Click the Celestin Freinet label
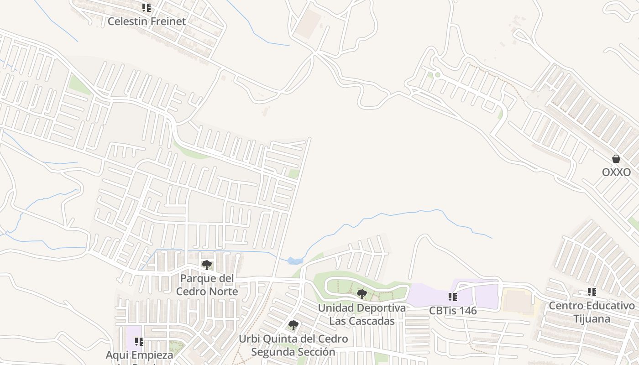147,21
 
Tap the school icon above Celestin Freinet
147,8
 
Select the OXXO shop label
616,172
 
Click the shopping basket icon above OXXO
616,159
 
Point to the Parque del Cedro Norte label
207,285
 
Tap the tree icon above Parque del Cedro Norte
207,265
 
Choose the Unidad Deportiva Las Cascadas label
361,314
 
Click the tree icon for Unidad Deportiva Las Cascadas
362,294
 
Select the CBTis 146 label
452,311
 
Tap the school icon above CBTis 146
452,297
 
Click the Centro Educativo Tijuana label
592,312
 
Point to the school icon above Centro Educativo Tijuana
592,292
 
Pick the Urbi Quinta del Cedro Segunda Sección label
293,345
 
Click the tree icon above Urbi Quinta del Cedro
293,325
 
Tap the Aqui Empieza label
139,355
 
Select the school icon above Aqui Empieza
139,341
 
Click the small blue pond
295,261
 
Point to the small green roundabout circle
437,74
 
